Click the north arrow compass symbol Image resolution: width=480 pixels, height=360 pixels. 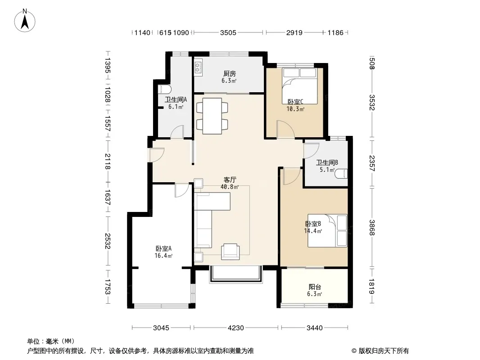click(x=25, y=21)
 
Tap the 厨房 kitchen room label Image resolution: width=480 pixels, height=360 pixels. click(x=229, y=74)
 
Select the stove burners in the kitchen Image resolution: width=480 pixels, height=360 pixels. click(x=198, y=67)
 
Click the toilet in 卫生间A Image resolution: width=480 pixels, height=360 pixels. click(x=164, y=90)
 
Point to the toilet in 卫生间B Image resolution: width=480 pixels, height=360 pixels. click(x=341, y=174)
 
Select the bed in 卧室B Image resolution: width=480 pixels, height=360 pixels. click(x=327, y=230)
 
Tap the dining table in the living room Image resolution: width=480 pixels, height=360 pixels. click(x=212, y=116)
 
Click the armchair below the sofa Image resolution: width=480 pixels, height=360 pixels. click(x=231, y=252)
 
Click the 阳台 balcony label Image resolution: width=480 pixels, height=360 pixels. click(x=315, y=287)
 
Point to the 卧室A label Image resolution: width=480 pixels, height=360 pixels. click(x=163, y=249)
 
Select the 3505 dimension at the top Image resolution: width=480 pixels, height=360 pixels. click(x=228, y=32)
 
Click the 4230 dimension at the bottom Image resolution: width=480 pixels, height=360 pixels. click(x=235, y=328)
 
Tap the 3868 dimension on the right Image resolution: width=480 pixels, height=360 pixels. click(x=372, y=228)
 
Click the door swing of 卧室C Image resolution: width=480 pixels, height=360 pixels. click(x=285, y=129)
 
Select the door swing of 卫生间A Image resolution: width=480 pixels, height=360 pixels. click(x=177, y=132)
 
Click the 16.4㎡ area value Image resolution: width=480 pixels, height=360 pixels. click(x=163, y=256)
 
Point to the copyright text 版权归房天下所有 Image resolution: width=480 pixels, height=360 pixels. click(x=384, y=351)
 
